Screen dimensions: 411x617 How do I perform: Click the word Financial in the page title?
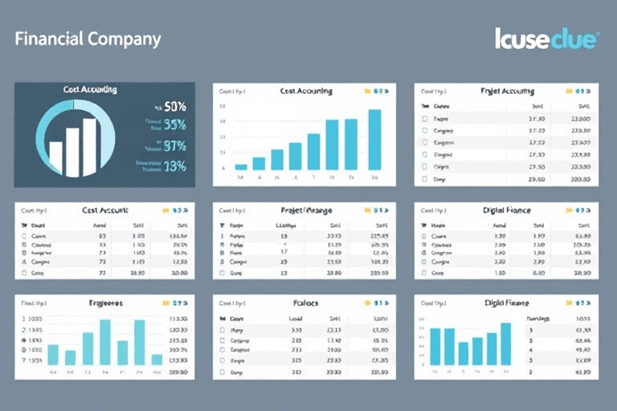click(x=47, y=39)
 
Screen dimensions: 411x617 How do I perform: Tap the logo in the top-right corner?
click(x=545, y=39)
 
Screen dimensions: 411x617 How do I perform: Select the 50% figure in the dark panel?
click(x=174, y=106)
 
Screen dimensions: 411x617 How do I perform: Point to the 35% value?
click(x=174, y=124)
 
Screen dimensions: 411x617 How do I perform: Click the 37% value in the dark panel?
click(x=174, y=146)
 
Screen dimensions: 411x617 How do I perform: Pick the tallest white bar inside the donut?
click(x=88, y=147)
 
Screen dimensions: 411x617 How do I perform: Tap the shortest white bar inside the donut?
click(x=55, y=158)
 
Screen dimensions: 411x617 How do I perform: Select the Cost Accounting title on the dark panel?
click(x=89, y=90)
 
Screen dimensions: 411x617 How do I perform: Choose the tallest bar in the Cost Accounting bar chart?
click(x=374, y=139)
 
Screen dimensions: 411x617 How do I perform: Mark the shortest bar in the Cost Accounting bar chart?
click(x=240, y=166)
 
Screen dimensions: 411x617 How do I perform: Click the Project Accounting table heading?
click(x=507, y=92)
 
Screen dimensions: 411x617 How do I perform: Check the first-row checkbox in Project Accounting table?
click(x=425, y=118)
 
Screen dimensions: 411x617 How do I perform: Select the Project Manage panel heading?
click(x=307, y=210)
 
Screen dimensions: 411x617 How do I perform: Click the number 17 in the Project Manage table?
click(x=284, y=251)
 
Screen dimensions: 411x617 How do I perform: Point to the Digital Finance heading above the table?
click(x=505, y=210)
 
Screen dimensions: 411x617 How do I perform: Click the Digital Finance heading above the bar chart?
click(x=505, y=303)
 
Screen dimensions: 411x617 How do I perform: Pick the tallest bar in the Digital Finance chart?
click(x=505, y=344)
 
